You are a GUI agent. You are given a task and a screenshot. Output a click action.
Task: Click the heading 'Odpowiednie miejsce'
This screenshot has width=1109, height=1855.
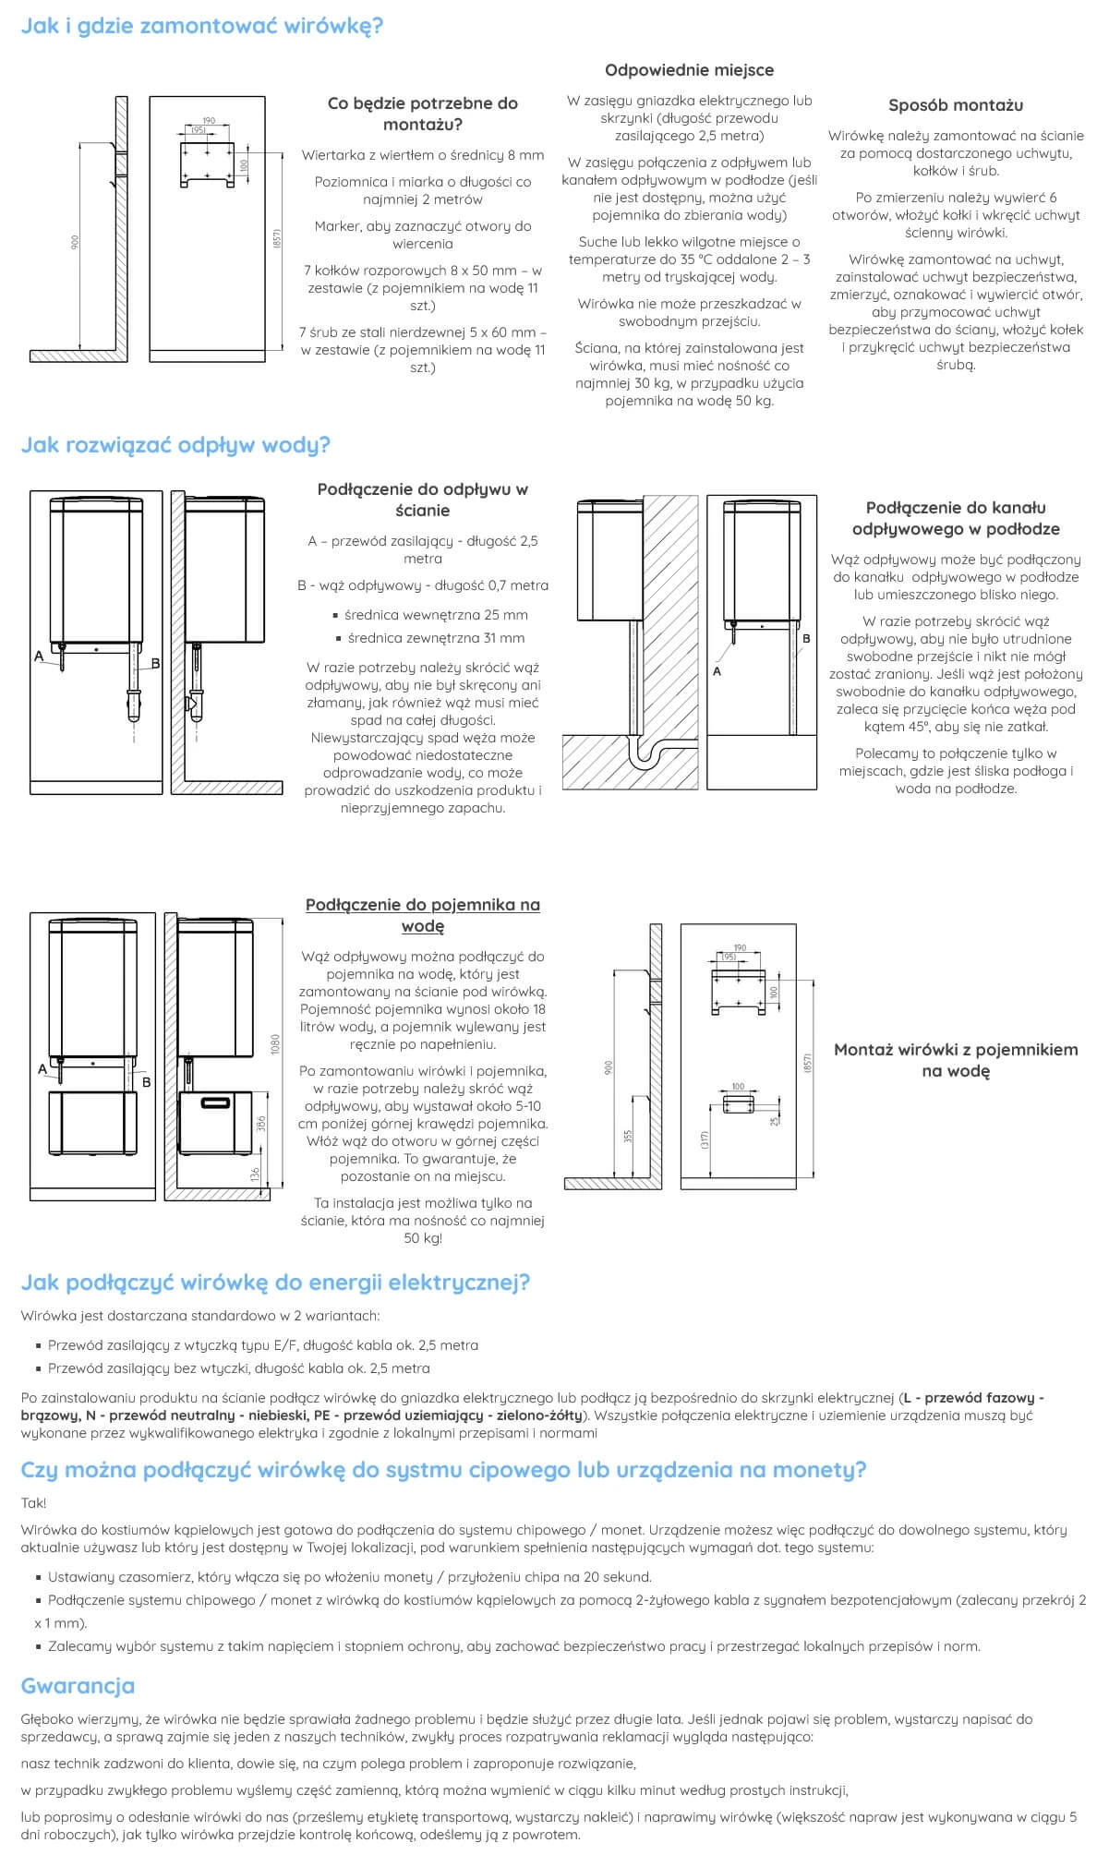(x=689, y=70)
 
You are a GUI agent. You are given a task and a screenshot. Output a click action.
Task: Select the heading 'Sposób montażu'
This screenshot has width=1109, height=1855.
(x=956, y=105)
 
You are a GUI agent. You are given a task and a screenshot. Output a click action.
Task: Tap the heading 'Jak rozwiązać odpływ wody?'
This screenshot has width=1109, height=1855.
(x=175, y=445)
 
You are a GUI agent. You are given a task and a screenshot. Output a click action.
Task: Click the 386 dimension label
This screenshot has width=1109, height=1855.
(x=261, y=1124)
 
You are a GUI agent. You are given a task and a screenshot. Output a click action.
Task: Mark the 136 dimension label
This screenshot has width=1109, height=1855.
(x=255, y=1175)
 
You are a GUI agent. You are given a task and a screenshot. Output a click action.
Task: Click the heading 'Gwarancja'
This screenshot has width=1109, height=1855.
(x=78, y=1685)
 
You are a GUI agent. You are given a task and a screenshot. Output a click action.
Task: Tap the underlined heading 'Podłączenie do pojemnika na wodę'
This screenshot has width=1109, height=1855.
(x=423, y=915)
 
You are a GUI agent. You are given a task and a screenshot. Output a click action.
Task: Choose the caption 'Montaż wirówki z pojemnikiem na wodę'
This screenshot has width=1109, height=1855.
(x=956, y=1060)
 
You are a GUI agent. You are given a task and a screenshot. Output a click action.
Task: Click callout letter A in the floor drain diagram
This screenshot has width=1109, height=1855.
(x=717, y=671)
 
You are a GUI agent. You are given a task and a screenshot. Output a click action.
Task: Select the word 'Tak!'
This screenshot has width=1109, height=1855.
(x=33, y=1502)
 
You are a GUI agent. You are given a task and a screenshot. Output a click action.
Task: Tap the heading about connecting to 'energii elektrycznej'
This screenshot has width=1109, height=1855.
(x=275, y=1283)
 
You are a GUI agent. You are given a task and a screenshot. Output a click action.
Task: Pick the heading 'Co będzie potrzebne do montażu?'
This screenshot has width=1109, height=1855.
(x=423, y=114)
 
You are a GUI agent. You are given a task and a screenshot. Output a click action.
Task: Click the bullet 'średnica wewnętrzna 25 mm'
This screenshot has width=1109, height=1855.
(x=436, y=615)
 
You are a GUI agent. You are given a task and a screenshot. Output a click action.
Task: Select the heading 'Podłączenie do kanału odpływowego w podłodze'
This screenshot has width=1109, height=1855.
(x=956, y=518)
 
